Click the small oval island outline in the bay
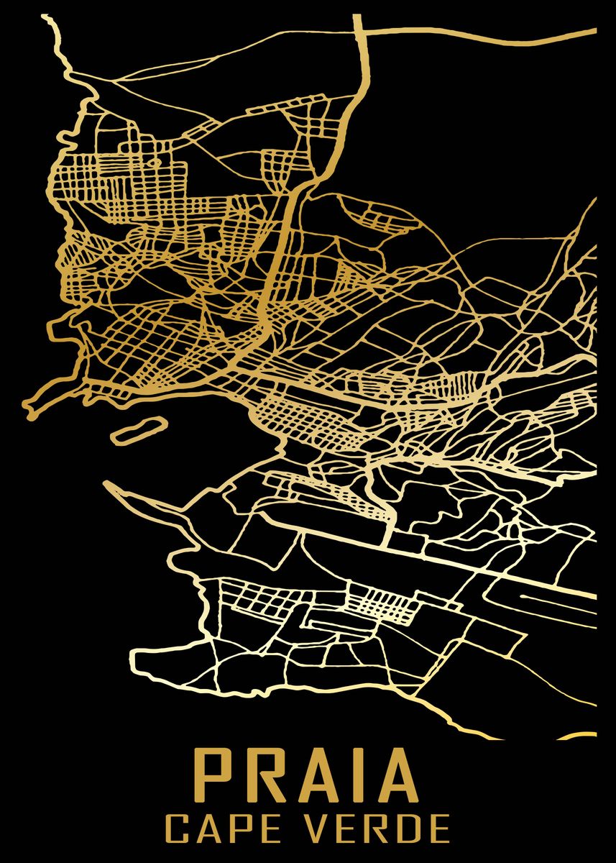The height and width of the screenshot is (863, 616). pyautogui.click(x=137, y=430)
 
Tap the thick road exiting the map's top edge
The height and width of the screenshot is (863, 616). pyautogui.click(x=357, y=22)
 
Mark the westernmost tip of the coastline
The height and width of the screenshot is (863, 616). pyautogui.click(x=27, y=410)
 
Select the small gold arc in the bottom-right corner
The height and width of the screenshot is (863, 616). pyautogui.click(x=582, y=734)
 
